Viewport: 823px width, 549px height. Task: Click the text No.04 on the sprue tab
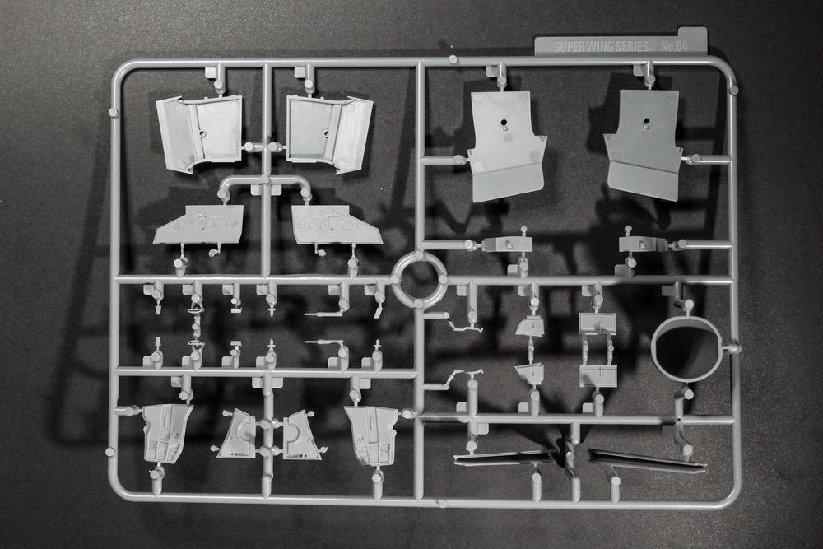(674, 46)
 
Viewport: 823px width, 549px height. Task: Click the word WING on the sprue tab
(598, 46)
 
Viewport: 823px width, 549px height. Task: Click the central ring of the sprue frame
(420, 279)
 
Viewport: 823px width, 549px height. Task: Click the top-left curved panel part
(199, 134)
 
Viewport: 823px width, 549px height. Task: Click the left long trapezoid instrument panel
(199, 225)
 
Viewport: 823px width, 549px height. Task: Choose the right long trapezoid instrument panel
(336, 225)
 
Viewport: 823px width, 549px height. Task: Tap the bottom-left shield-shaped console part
(166, 433)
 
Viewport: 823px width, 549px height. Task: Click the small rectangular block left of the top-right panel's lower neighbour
(507, 244)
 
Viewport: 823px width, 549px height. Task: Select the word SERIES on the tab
(631, 46)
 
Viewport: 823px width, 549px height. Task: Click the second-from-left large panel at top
(330, 133)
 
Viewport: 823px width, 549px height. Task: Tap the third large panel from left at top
(506, 146)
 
